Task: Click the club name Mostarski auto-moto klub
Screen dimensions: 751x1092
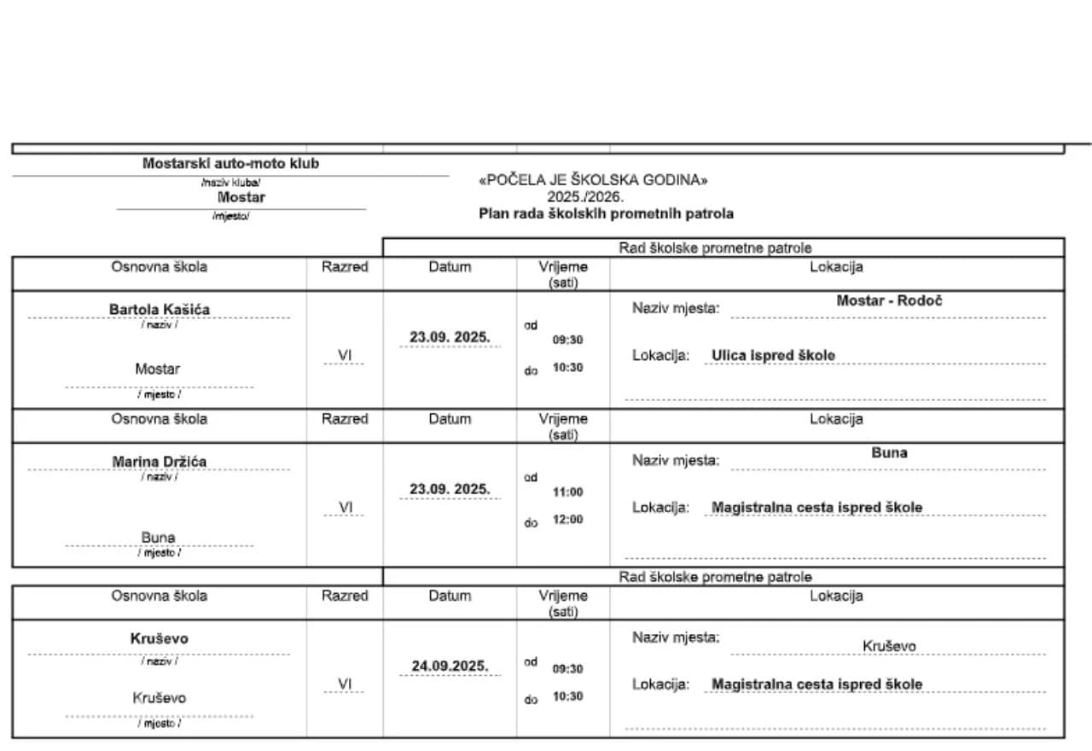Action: [x=230, y=163]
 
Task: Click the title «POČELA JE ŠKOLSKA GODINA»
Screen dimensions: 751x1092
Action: [x=594, y=180]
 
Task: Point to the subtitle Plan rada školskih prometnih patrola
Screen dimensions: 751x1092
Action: [x=606, y=213]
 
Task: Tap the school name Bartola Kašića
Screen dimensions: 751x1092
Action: [x=160, y=309]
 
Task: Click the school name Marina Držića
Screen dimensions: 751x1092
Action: [x=160, y=462]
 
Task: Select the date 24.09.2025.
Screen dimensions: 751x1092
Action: [x=450, y=666]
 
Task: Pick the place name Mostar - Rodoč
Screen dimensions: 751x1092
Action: [x=889, y=300]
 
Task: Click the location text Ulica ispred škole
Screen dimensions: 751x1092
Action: [x=773, y=355]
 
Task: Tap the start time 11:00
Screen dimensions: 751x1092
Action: [x=567, y=492]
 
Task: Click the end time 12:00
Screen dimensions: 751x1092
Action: [x=567, y=519]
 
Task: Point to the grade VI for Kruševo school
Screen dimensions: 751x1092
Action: [x=345, y=684]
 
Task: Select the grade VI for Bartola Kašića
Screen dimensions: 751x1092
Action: [x=345, y=355]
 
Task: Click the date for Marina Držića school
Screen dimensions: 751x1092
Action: [x=450, y=489]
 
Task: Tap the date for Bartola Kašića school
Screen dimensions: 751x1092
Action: [x=450, y=337]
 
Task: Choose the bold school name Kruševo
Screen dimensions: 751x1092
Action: [x=160, y=638]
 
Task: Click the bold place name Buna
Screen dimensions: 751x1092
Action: [x=889, y=453]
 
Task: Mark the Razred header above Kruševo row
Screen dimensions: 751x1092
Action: [x=345, y=596]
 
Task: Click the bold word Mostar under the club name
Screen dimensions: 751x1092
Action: [x=241, y=197]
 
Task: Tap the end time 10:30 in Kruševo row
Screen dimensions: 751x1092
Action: [x=567, y=696]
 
